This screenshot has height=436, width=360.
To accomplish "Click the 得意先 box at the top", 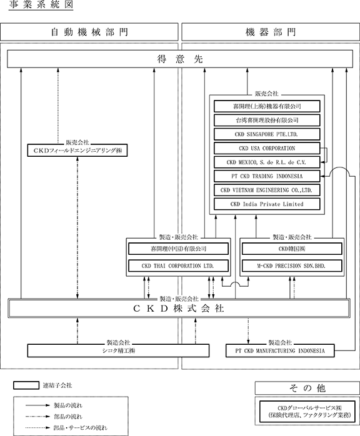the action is [x=180, y=59].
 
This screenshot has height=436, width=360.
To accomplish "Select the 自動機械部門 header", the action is [x=89, y=32].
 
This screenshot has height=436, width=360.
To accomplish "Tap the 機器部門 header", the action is [x=271, y=32].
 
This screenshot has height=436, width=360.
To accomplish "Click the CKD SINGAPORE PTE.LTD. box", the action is [x=267, y=134].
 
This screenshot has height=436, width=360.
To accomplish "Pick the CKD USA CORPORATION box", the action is [x=267, y=148].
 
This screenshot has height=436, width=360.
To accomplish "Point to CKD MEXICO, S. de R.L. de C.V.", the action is [x=267, y=162].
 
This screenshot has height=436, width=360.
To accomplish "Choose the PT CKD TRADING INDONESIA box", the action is [x=267, y=176].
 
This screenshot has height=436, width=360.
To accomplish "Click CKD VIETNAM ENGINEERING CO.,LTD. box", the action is [x=267, y=190].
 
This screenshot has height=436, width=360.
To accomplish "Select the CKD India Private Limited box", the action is [x=267, y=204].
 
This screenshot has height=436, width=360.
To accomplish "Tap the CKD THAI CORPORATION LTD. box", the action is [x=178, y=266].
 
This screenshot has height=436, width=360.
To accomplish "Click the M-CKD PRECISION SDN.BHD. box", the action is [x=292, y=266].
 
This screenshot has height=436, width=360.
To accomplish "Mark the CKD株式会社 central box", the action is [x=179, y=309].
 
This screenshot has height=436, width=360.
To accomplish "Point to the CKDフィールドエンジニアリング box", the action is [x=77, y=151].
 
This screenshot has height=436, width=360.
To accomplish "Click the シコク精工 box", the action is [x=118, y=350].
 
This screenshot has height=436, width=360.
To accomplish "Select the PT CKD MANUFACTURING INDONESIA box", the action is [x=280, y=351].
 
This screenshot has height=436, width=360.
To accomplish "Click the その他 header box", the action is [x=307, y=388].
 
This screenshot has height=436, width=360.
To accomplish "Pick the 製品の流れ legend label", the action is [x=68, y=405].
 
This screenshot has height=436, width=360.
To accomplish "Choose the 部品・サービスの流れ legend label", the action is [x=81, y=428].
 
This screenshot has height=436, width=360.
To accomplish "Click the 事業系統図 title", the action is [x=41, y=5].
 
